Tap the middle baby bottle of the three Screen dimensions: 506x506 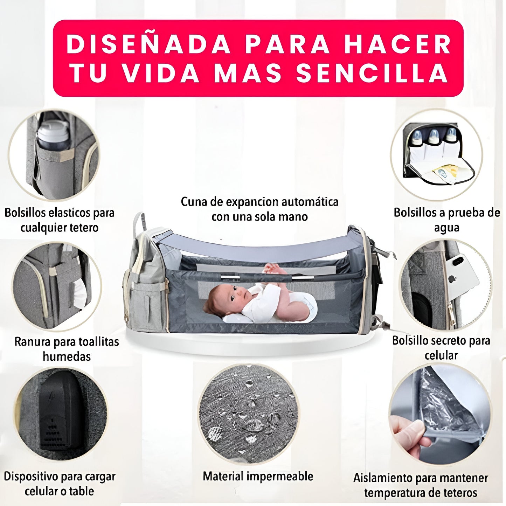[433, 137]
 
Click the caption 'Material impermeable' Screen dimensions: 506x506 [258, 476]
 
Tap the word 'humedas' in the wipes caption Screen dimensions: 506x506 [67, 356]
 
